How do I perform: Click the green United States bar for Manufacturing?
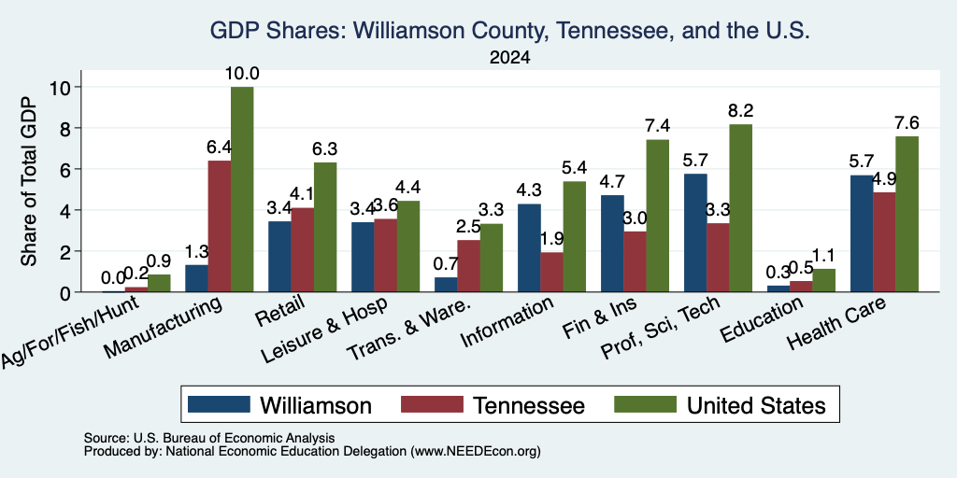(x=242, y=190)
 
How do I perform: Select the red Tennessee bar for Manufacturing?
(x=219, y=226)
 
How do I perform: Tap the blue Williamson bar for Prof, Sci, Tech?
(x=695, y=232)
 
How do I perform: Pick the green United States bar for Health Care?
(x=907, y=214)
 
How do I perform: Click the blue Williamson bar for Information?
(x=529, y=248)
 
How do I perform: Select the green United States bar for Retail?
(x=325, y=228)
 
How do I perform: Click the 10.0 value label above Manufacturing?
(x=242, y=74)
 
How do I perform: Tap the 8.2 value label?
(x=740, y=111)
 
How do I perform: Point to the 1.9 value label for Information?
(x=551, y=238)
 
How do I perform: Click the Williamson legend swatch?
(x=219, y=404)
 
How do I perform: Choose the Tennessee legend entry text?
(x=529, y=405)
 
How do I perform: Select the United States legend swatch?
(x=645, y=404)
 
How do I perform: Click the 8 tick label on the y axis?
(x=67, y=128)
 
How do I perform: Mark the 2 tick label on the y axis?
(x=67, y=251)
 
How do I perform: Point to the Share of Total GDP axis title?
(x=29, y=181)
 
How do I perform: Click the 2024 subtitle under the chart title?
(x=509, y=58)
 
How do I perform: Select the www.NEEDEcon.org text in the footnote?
(x=476, y=452)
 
